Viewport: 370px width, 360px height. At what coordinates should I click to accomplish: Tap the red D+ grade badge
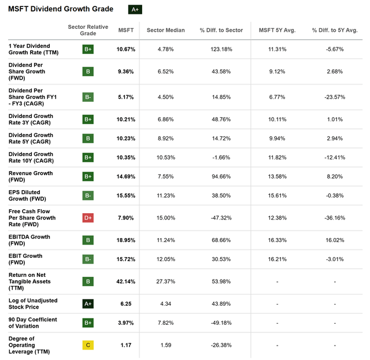pyautogui.click(x=88, y=218)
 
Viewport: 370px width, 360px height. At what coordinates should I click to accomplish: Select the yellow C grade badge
pyautogui.click(x=88, y=345)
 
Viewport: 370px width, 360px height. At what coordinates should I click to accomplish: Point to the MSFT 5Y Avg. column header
pyautogui.click(x=277, y=30)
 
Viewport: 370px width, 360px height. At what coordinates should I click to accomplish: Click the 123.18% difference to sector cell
pyautogui.click(x=221, y=49)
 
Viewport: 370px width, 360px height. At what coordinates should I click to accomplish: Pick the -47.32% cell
pyautogui.click(x=221, y=218)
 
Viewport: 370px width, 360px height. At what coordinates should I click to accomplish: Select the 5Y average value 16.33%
pyautogui.click(x=277, y=240)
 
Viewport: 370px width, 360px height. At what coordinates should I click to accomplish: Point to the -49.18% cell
pyautogui.click(x=221, y=322)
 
